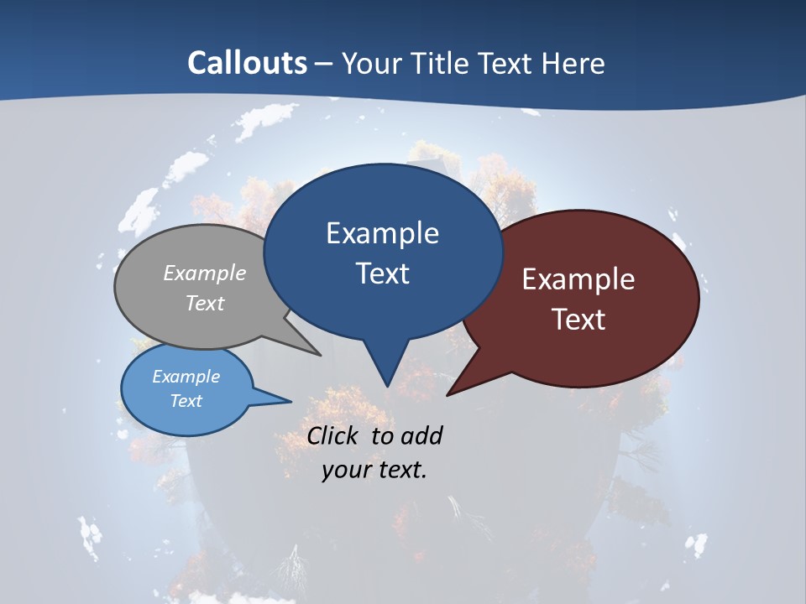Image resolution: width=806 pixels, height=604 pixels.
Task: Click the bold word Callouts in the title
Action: coord(248,63)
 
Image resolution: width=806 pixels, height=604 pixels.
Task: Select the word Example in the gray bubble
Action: coord(205,273)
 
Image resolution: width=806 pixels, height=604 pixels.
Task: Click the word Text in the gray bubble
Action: coord(205,303)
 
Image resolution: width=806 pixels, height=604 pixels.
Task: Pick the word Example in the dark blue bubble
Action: coord(382,233)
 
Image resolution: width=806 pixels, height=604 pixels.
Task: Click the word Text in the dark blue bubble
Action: coord(382,273)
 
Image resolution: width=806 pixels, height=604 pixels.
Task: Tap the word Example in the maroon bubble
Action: coord(578,279)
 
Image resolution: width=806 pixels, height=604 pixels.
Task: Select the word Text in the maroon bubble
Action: coord(578,320)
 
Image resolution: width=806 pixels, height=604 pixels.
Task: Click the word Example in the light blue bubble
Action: coord(186,377)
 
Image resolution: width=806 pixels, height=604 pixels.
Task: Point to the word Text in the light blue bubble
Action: coord(186,401)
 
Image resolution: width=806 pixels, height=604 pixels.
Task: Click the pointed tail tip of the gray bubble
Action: coord(320,355)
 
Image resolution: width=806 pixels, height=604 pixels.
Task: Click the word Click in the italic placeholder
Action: coord(333,435)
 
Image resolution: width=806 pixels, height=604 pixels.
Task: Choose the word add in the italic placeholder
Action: coord(421,435)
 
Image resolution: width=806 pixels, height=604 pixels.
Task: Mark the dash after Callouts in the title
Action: coord(325,64)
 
